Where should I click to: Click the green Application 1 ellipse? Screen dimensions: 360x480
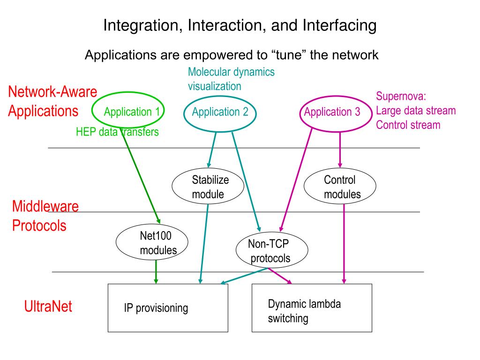coord(128,111)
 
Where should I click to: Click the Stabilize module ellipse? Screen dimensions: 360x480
coord(208,187)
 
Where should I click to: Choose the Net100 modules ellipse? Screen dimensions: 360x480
coord(152,242)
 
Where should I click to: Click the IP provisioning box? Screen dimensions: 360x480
coord(168,308)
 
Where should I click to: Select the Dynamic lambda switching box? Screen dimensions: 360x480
coord(312,308)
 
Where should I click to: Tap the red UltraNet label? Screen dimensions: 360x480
coord(48,307)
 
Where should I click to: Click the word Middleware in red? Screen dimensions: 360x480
coord(45,206)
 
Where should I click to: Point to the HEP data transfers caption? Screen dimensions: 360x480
coord(117,132)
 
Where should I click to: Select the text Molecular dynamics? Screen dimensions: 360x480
coord(231,72)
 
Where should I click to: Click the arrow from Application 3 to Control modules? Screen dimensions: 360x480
coord(340,150)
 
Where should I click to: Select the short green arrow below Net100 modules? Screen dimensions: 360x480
coord(156,271)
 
